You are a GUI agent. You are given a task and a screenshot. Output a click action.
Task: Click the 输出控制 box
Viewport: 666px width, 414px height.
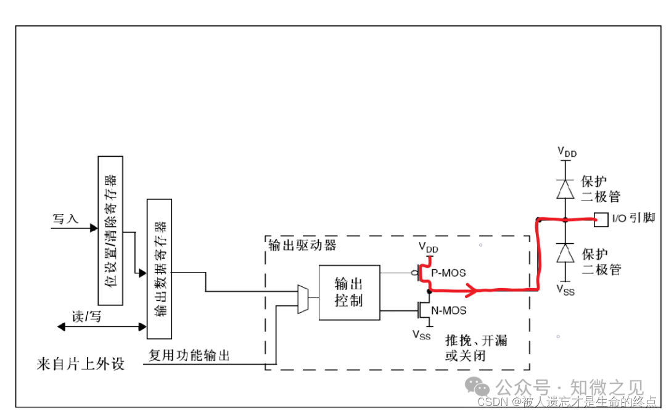[349, 292]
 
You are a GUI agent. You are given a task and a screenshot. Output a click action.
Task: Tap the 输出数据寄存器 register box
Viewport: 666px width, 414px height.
[159, 268]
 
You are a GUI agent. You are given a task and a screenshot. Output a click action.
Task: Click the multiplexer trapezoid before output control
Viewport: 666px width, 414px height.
[303, 299]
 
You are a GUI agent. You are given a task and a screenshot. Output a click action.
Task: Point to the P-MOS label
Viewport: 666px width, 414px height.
[449, 273]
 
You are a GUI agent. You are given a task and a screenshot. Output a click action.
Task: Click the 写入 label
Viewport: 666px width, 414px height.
[66, 219]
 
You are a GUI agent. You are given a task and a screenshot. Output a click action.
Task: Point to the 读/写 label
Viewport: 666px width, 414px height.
[86, 317]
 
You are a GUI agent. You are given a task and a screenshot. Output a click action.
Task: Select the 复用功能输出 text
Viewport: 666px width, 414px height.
[189, 355]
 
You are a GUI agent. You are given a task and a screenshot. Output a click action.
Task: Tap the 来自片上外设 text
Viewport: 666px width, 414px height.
[80, 363]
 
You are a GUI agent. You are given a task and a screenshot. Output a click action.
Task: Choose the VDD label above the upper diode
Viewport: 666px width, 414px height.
[567, 151]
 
